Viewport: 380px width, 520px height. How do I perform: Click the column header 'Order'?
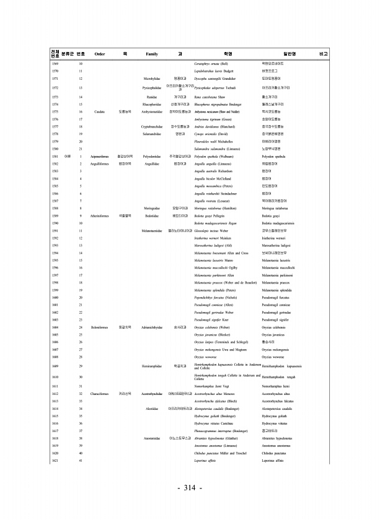99,54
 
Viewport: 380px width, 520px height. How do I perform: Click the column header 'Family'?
152,54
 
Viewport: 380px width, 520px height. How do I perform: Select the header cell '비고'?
323,54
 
